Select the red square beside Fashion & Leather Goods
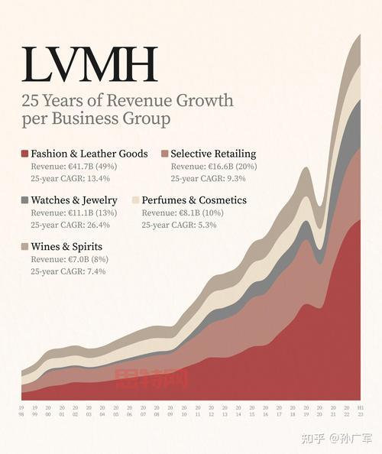24,154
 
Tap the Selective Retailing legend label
213,154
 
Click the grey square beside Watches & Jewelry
24,200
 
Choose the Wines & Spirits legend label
66,247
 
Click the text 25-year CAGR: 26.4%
70,225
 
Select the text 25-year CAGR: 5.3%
179,225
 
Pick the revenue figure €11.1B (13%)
87,212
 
